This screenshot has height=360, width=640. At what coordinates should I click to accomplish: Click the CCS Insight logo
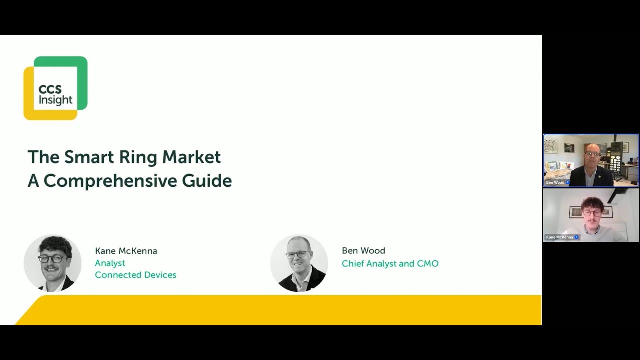point(55,88)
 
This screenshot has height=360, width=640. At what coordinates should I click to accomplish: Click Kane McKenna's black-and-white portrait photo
point(53,263)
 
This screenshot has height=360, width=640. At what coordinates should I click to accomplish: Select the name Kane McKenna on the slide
point(126,251)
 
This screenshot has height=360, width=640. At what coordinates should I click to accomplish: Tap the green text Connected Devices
point(135,275)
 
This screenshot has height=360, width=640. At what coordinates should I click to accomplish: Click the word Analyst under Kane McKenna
point(110,263)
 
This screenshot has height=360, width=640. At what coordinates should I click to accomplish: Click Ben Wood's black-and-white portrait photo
point(299,263)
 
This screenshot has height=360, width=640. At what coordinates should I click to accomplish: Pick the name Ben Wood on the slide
point(363,251)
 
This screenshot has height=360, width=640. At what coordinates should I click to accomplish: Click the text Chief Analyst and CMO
point(390,263)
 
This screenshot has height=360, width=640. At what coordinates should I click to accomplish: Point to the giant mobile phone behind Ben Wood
point(616,157)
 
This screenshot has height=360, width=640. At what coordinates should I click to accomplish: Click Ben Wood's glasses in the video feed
point(592,154)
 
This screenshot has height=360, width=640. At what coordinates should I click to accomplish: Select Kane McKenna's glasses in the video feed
point(592,213)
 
